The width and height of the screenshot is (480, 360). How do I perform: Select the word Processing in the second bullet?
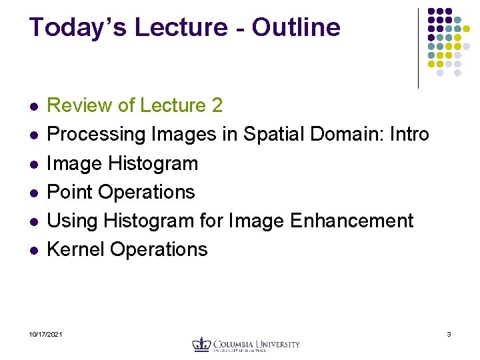pos(97,134)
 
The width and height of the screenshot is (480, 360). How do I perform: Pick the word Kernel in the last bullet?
pos(76,249)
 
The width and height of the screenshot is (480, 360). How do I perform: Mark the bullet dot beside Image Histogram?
pos(33,164)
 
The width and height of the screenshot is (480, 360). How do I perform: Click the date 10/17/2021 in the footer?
pos(46,333)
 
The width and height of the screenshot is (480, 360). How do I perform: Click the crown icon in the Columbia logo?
pos(201,344)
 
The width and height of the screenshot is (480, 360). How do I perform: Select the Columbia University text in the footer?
pos(256,344)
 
